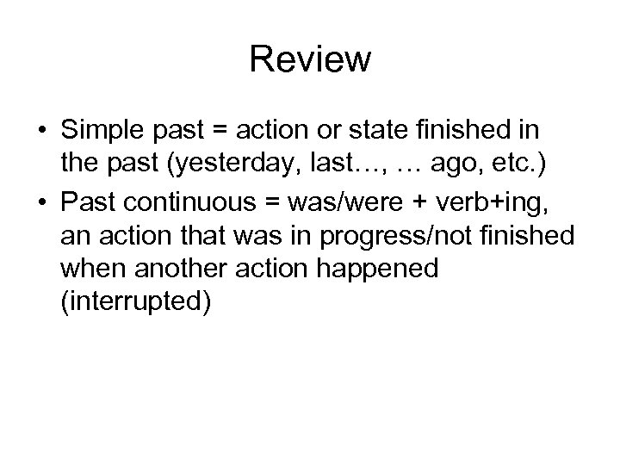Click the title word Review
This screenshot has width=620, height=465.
tap(310, 59)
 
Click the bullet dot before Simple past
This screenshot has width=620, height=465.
tap(43, 132)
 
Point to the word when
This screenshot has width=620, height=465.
tap(90, 269)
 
